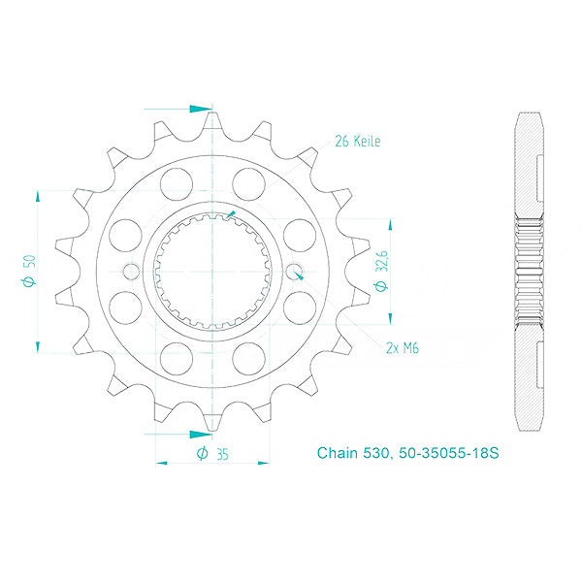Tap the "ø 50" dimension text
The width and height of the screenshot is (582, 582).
click(x=30, y=270)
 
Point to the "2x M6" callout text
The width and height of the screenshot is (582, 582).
click(x=401, y=346)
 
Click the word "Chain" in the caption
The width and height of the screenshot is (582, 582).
click(x=339, y=453)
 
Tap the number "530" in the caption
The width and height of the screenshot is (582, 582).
click(x=379, y=453)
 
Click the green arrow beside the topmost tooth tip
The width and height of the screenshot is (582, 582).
click(x=201, y=108)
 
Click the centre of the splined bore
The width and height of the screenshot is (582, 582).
click(x=212, y=271)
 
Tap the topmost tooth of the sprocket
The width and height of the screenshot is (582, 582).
click(x=212, y=121)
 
